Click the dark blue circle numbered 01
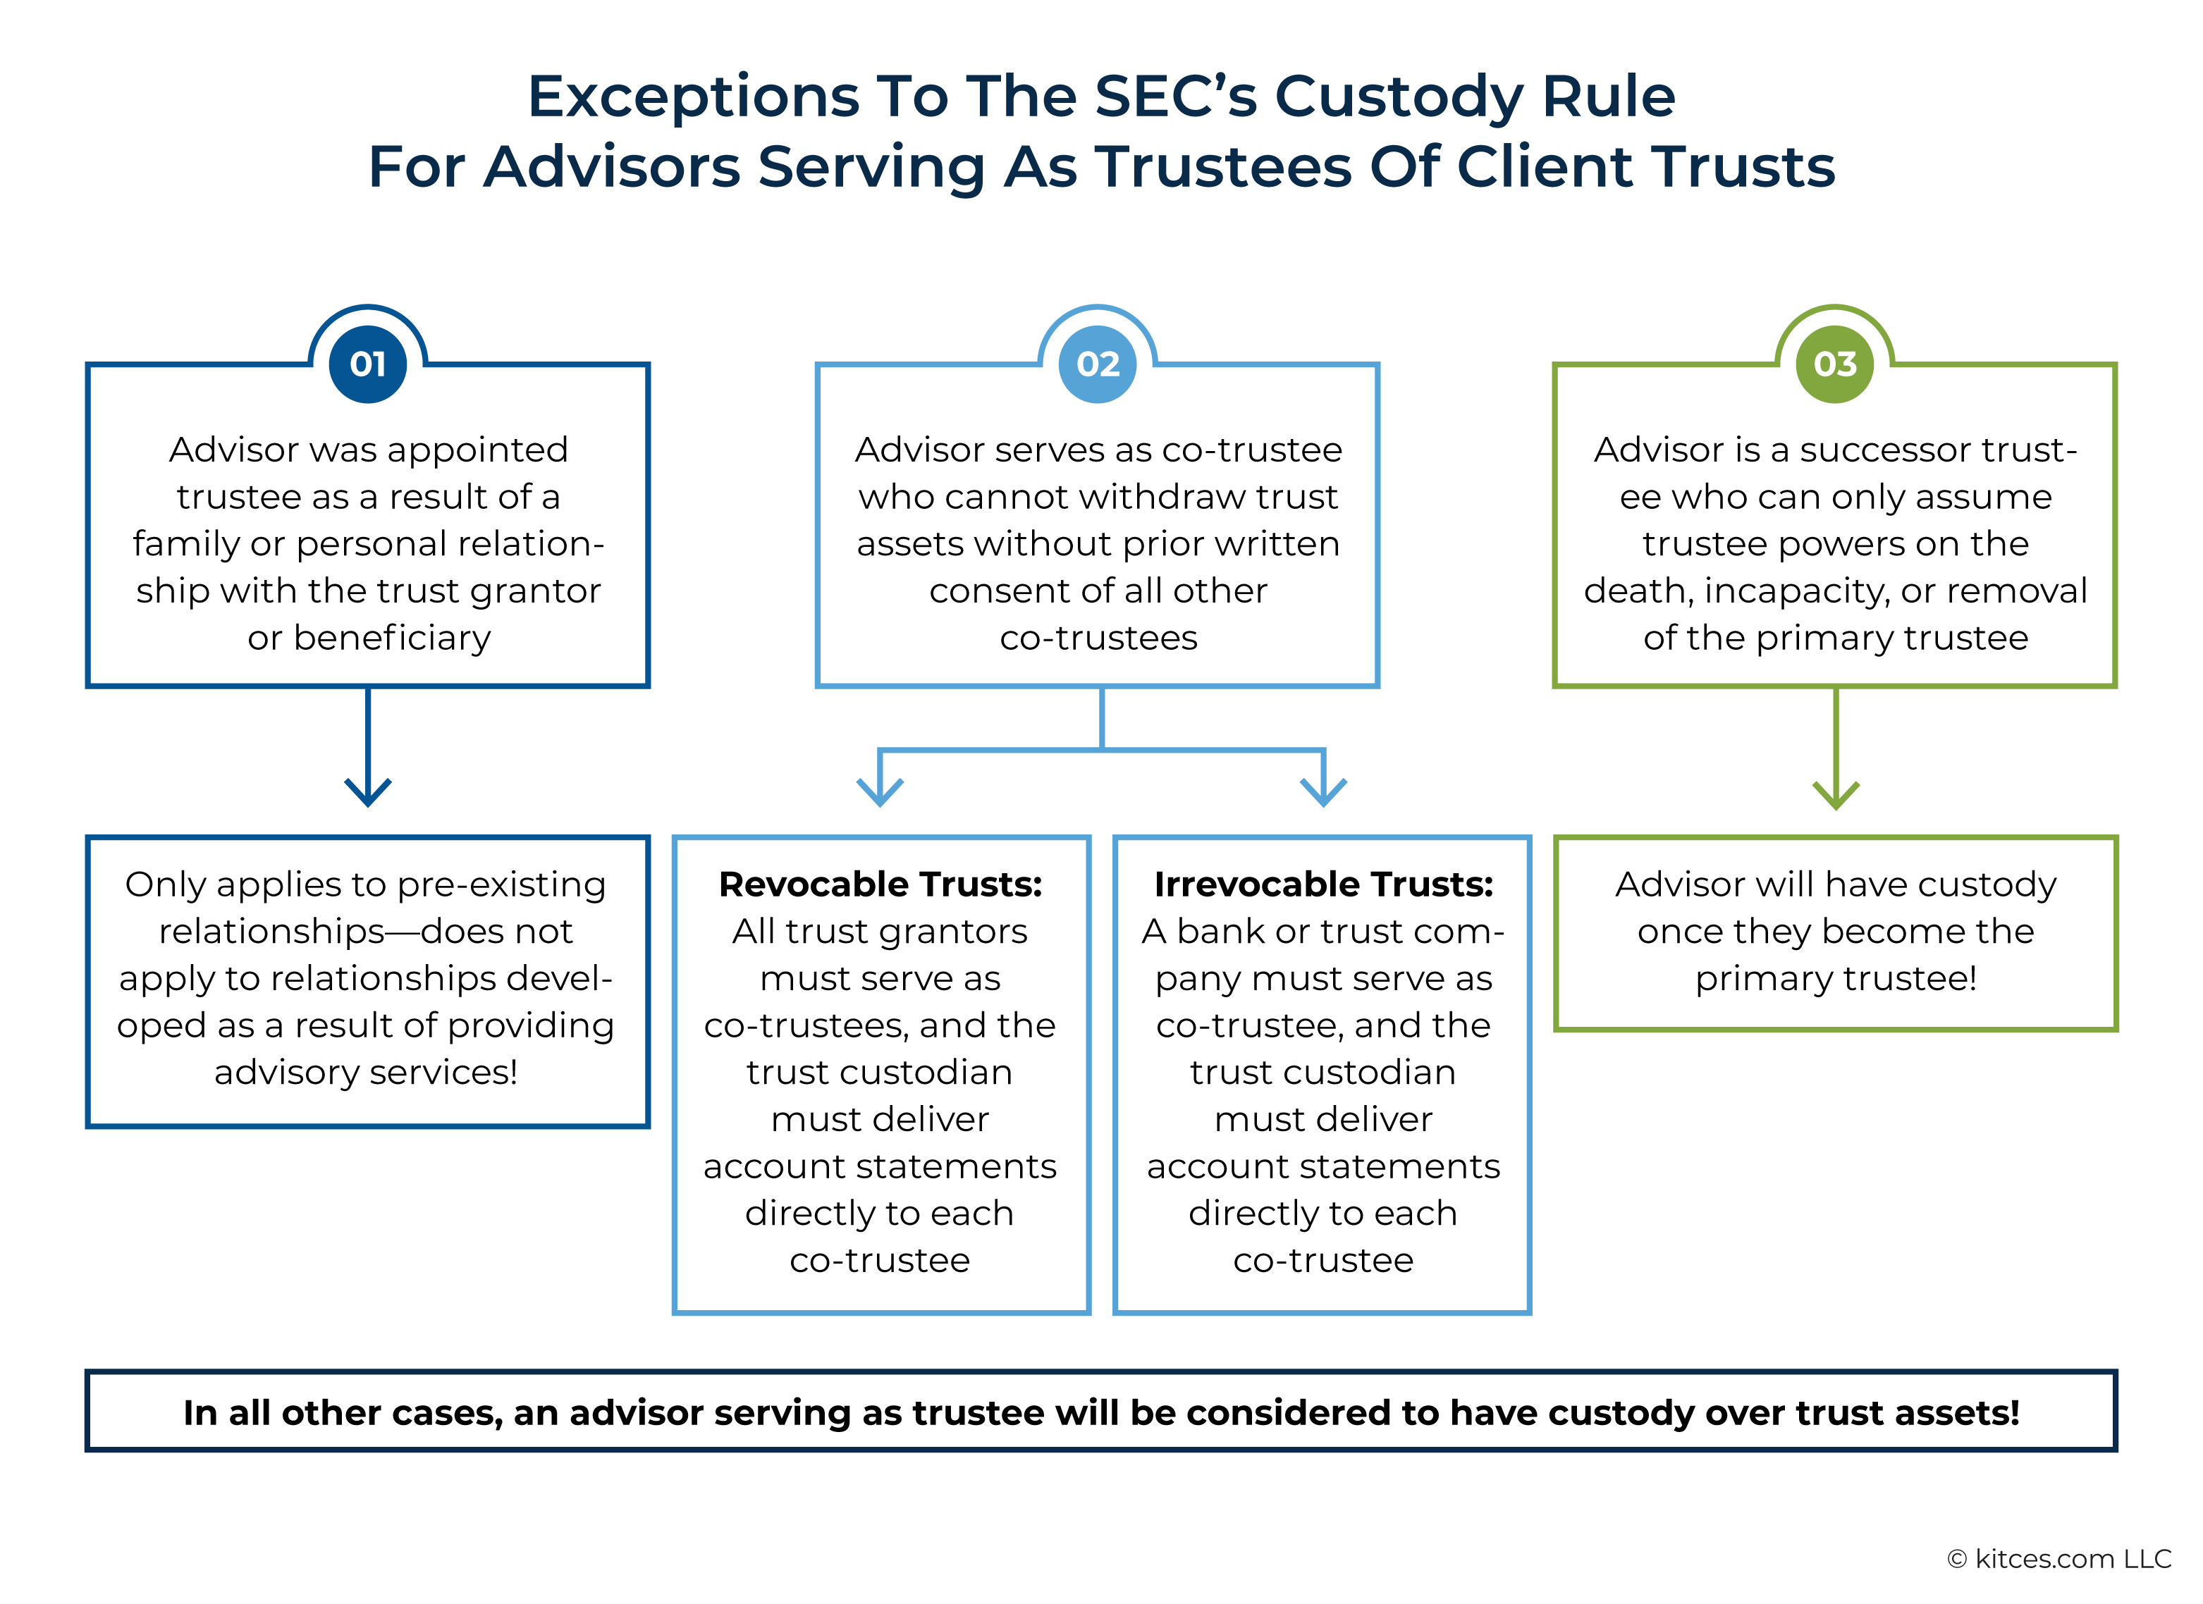[367, 364]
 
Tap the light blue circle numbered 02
[1098, 364]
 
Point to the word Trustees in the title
[1226, 167]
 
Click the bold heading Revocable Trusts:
[880, 884]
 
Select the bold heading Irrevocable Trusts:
[1323, 884]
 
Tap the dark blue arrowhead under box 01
[367, 791]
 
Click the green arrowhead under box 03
[1835, 794]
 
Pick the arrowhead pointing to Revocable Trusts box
[880, 791]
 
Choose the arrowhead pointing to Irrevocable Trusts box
[1323, 791]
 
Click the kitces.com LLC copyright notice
[2058, 1558]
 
